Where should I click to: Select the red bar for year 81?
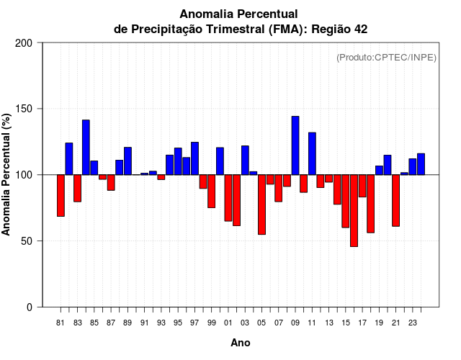[x=61, y=195]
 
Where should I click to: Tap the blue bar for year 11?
[x=312, y=153]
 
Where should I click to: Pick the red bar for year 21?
[x=395, y=200]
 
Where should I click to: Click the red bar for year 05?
[x=261, y=204]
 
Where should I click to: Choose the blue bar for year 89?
[x=127, y=161]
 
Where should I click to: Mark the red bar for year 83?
[x=77, y=188]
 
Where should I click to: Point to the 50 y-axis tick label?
[x=27, y=241]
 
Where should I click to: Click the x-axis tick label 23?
[x=413, y=323]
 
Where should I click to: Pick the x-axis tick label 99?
[x=211, y=323]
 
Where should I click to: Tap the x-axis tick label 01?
[x=228, y=323]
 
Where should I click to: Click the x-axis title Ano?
[x=241, y=343]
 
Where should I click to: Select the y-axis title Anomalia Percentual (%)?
[x=7, y=175]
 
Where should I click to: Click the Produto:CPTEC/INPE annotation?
[x=386, y=58]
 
